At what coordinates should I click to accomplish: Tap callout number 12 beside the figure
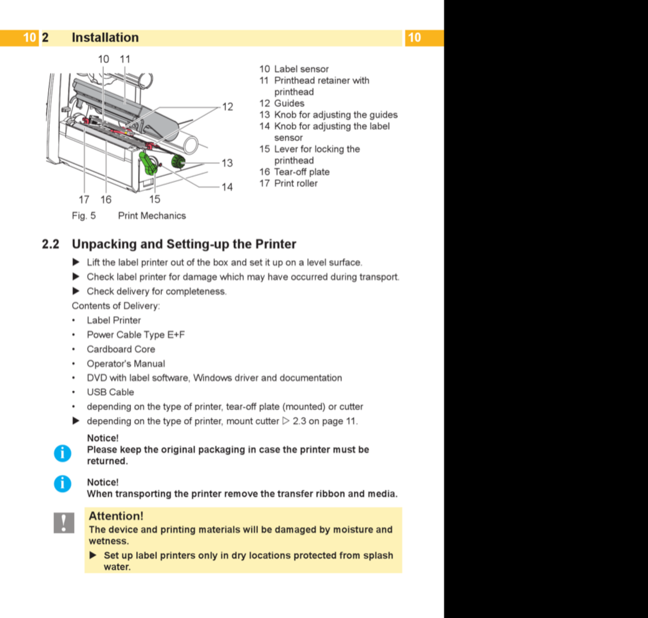click(227, 107)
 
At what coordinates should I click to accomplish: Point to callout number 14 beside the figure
click(227, 187)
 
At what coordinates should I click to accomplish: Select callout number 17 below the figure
click(84, 199)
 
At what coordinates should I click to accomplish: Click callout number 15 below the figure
click(154, 199)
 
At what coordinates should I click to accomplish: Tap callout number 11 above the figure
click(125, 59)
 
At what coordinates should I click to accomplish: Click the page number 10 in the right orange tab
click(414, 37)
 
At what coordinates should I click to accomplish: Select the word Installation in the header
click(105, 37)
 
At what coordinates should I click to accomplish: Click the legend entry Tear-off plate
click(302, 172)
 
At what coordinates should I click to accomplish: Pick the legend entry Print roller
click(296, 183)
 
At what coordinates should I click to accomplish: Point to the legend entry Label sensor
click(301, 69)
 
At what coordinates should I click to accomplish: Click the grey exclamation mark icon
click(64, 523)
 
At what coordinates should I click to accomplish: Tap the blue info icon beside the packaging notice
click(62, 453)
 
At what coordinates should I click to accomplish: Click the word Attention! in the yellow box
click(116, 516)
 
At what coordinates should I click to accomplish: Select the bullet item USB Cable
click(111, 392)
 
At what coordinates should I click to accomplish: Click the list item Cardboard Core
click(121, 349)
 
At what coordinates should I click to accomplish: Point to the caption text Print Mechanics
click(152, 216)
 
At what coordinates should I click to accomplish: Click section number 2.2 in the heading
click(50, 244)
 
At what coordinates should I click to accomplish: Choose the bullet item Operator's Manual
click(126, 364)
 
